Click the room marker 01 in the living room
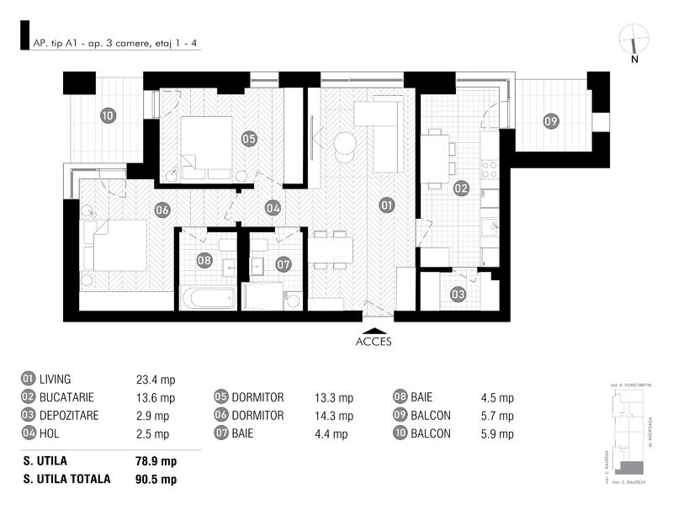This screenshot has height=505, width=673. pos(386,205)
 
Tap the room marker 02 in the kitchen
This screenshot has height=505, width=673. pos(461,189)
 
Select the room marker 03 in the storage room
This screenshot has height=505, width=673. pos(457,295)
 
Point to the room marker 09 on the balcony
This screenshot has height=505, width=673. pos(550,121)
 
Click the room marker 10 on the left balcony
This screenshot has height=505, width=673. pos(108,115)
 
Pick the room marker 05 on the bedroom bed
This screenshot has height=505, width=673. pos(248,138)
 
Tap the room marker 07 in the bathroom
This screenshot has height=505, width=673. pos(284,263)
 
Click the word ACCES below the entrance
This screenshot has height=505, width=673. pos(374,342)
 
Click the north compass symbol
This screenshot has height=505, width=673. pos(634,42)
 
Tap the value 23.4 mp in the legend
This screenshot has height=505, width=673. pos(156,380)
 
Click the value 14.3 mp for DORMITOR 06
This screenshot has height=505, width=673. pos(334,416)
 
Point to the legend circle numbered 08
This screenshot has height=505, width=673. pos(400,398)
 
